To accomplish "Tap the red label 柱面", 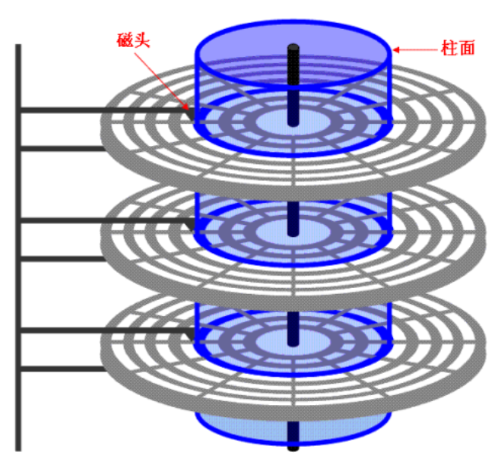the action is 458,47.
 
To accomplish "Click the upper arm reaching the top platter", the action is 99,110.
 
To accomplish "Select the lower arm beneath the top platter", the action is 61,148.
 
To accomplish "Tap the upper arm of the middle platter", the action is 99,220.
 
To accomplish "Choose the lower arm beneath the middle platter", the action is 61,258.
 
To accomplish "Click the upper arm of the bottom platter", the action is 99,330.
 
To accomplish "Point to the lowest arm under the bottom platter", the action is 61,369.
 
